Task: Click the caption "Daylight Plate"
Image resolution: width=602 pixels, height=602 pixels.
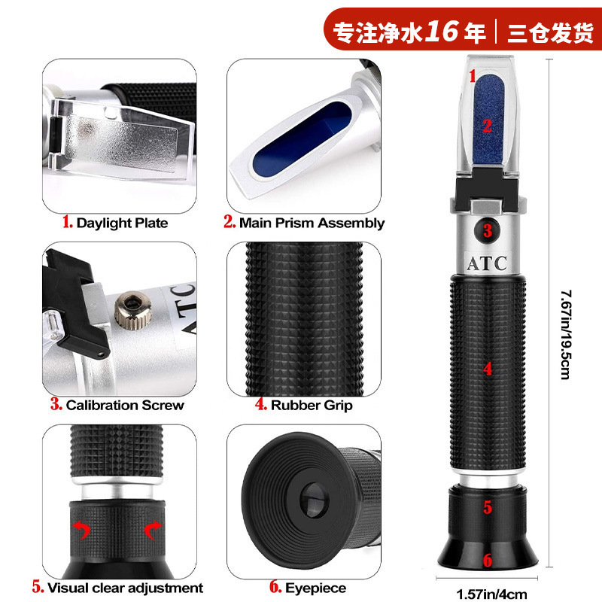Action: point(122,223)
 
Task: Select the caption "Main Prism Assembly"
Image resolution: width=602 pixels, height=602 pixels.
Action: point(312,223)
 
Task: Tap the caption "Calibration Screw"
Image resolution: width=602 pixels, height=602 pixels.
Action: point(125,405)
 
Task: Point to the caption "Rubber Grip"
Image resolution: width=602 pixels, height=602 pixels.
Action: point(312,406)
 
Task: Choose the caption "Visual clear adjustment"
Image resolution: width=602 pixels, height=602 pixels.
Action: point(125,588)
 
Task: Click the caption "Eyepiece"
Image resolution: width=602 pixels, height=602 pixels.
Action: point(315,588)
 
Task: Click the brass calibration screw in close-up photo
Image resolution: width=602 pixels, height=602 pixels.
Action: point(133,309)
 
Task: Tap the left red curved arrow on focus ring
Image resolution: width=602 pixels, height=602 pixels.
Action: point(81,530)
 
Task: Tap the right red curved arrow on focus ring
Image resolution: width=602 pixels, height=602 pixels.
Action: point(153,530)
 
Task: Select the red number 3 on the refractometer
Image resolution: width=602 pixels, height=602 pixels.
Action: point(488,230)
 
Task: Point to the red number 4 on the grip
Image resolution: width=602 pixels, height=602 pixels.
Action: point(488,369)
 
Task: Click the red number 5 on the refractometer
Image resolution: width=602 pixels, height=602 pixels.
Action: point(488,507)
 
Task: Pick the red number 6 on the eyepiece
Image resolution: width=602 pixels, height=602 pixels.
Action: point(488,561)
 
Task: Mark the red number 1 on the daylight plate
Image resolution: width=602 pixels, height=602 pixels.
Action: point(473,76)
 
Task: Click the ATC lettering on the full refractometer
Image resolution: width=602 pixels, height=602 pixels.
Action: point(487,263)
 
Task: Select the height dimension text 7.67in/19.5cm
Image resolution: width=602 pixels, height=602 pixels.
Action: point(566,335)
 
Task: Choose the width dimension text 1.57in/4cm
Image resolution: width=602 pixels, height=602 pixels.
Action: point(492,594)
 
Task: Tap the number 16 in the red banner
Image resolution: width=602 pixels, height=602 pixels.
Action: point(442,30)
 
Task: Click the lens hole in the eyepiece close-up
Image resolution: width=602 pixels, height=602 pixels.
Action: point(315,500)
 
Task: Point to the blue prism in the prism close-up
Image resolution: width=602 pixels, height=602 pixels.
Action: point(303,138)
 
